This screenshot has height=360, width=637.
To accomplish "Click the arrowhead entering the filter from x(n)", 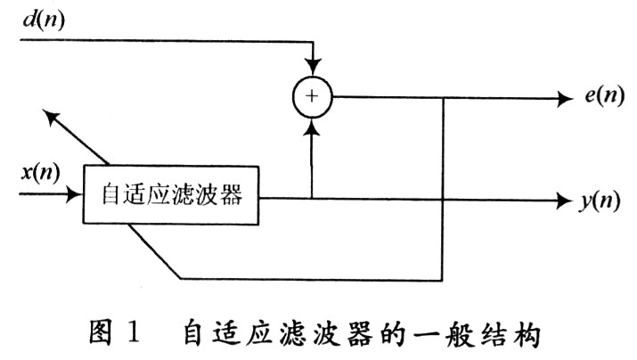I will [75, 192].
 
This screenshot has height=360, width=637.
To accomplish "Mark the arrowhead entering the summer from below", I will [312, 127].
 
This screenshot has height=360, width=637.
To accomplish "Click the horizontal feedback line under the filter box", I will [312, 279].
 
